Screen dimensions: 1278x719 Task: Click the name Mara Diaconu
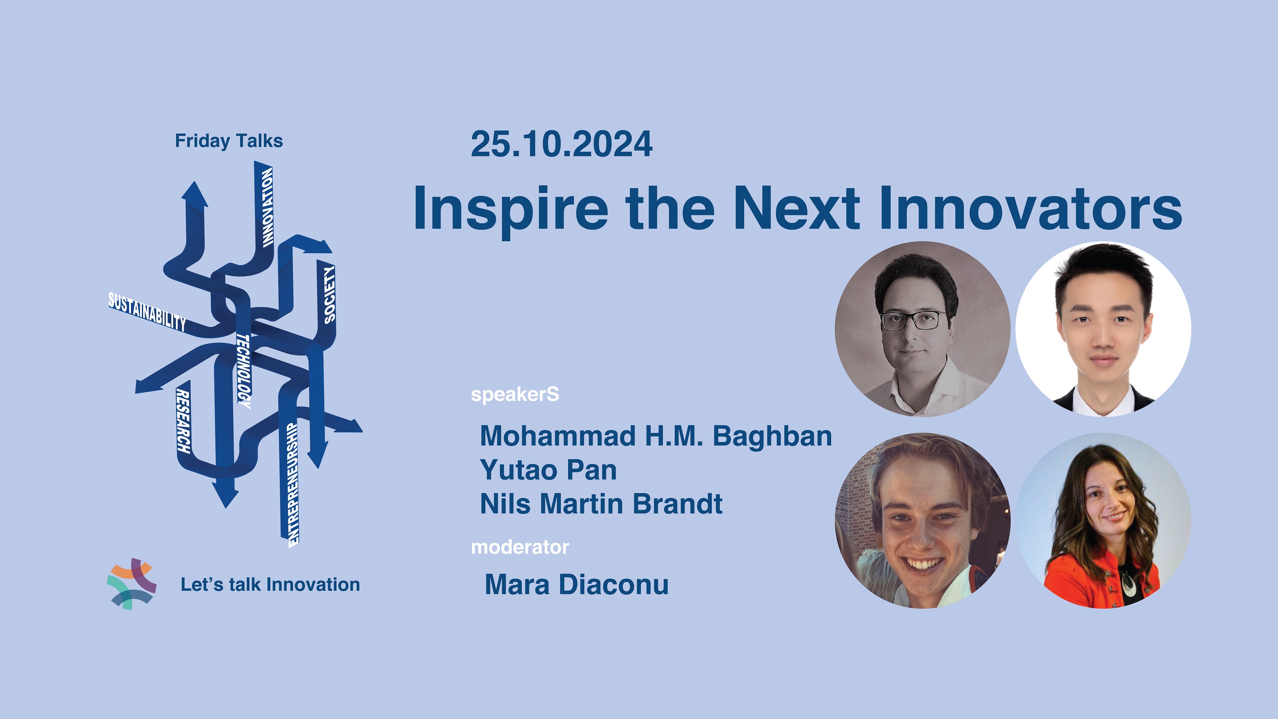click(x=576, y=584)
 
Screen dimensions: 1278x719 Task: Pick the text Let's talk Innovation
click(x=270, y=584)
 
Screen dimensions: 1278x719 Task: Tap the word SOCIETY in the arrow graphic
click(x=329, y=295)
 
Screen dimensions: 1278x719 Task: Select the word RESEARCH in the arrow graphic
click(x=183, y=421)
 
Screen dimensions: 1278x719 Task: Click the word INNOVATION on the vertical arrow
click(x=267, y=207)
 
